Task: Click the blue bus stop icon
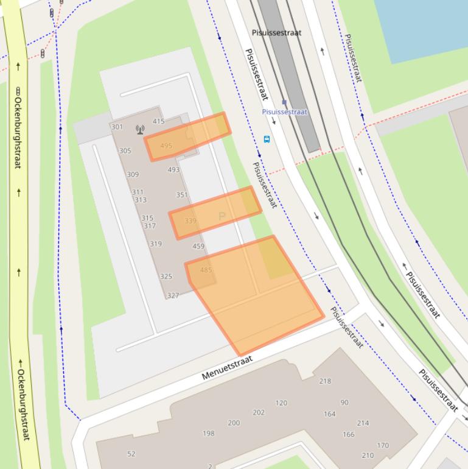267,139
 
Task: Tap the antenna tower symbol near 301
140,129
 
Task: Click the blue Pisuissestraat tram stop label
285,112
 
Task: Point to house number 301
117,127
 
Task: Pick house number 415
158,122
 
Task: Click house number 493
173,171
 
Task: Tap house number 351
182,196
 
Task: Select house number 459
198,247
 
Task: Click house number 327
173,296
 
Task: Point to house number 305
125,151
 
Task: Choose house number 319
156,244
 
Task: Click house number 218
325,381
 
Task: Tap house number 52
131,454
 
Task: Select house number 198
209,434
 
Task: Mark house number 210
368,456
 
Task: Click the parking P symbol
222,216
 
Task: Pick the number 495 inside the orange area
166,146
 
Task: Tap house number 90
344,403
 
